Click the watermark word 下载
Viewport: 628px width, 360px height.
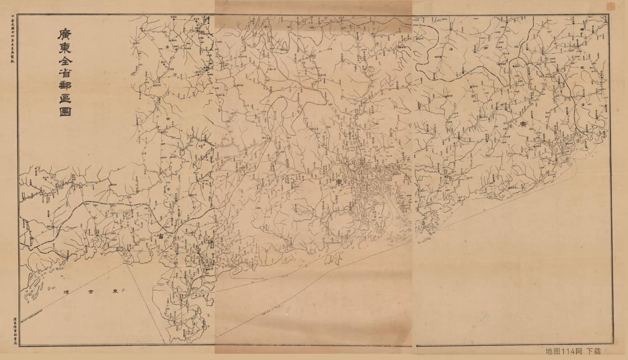(x=594, y=351)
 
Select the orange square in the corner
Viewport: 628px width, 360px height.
(x=611, y=6)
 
